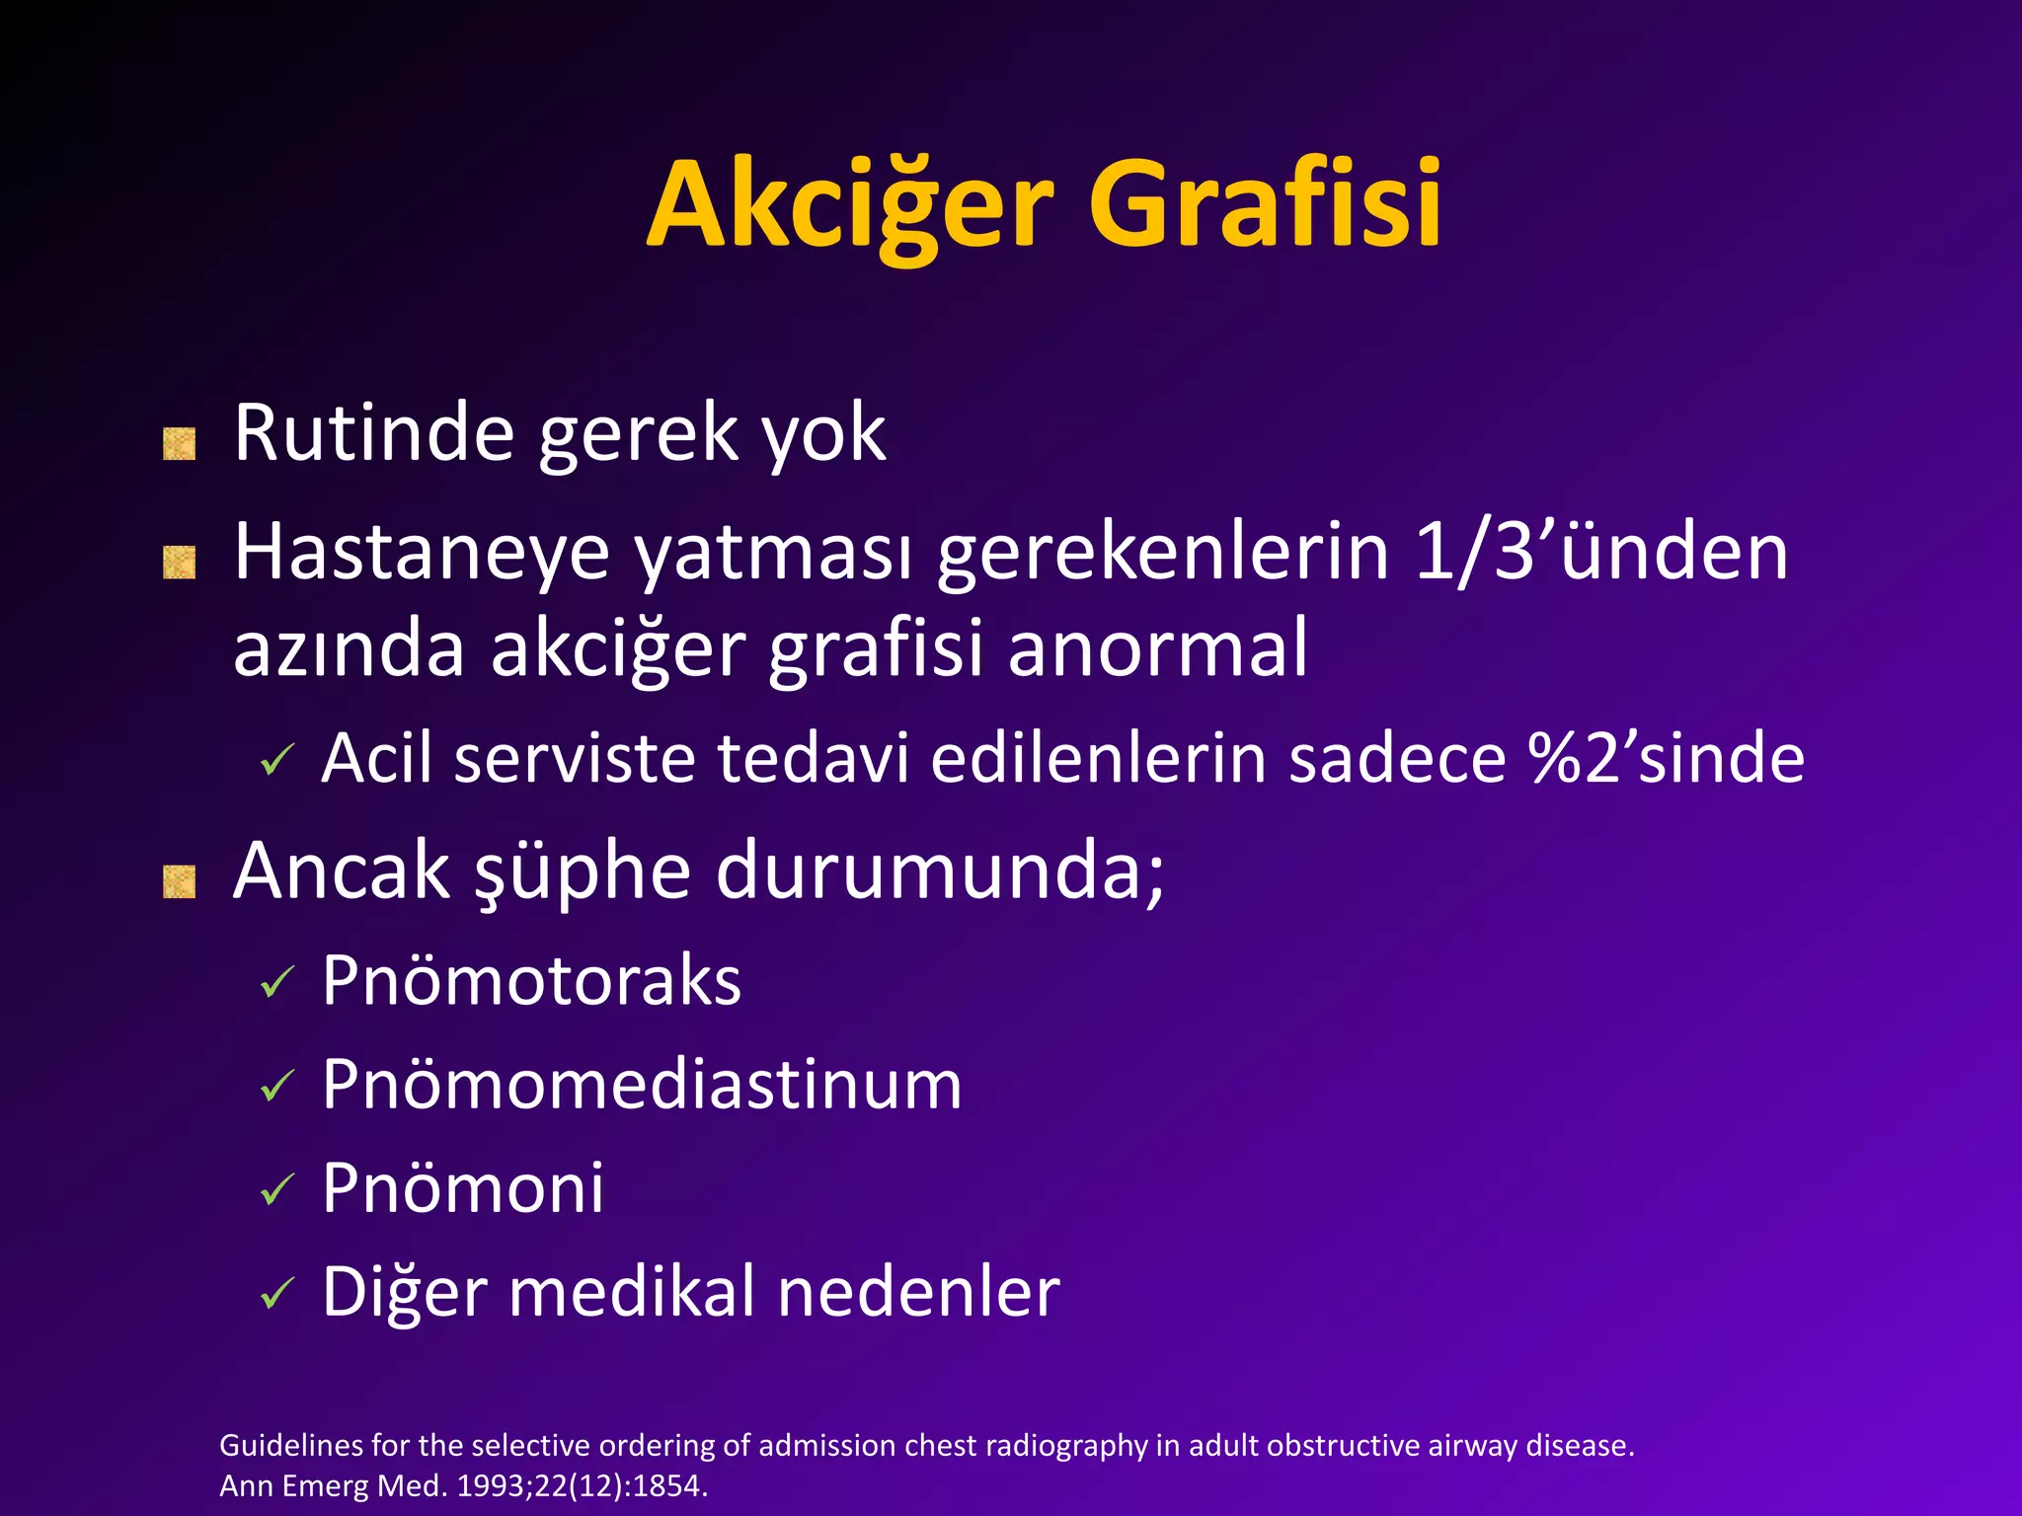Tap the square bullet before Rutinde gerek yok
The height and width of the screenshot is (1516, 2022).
tap(179, 444)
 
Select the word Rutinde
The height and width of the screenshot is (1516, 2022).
tap(373, 433)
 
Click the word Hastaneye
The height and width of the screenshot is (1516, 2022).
tap(422, 553)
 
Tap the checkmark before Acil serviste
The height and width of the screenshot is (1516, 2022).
tap(277, 761)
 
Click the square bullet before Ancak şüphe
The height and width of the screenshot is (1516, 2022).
tap(179, 881)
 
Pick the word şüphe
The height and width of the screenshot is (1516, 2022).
tap(583, 872)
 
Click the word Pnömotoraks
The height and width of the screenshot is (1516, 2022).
tap(531, 981)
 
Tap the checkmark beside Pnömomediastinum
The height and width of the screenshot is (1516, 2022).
tap(277, 1087)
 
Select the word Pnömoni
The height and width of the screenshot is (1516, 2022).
tap(463, 1187)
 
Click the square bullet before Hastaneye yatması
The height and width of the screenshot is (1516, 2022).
tap(179, 564)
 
